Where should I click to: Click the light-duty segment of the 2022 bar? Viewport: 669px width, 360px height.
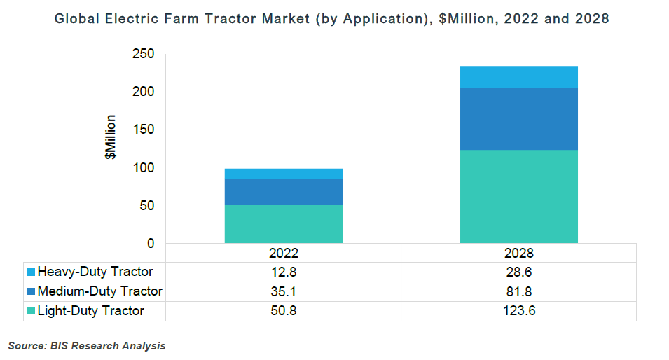(x=283, y=224)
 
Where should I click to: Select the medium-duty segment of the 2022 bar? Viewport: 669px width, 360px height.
(x=283, y=192)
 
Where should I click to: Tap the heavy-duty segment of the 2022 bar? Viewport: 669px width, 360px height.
(x=283, y=174)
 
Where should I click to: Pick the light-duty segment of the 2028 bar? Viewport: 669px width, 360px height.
(x=518, y=196)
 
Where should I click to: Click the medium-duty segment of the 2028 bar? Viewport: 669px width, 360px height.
(x=518, y=119)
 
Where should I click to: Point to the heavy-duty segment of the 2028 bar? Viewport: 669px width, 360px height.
(x=518, y=77)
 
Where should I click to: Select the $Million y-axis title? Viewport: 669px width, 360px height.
(x=111, y=137)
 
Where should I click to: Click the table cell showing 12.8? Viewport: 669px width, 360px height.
(x=283, y=272)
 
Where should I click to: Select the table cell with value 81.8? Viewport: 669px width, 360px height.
(x=518, y=291)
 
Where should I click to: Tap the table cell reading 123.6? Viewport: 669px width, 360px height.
(x=518, y=311)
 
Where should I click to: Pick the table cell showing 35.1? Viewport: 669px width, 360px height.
(x=283, y=291)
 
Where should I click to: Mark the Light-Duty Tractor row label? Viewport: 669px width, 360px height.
(x=91, y=311)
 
